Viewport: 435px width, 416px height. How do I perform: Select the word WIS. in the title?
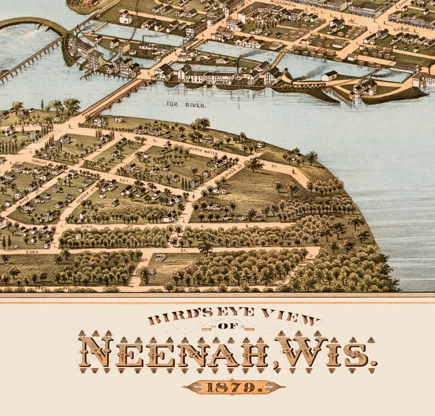325,352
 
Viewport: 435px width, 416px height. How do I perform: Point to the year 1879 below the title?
234,387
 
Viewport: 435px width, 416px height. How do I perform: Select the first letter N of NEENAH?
96,352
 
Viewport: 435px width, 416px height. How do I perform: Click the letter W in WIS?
296,352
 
